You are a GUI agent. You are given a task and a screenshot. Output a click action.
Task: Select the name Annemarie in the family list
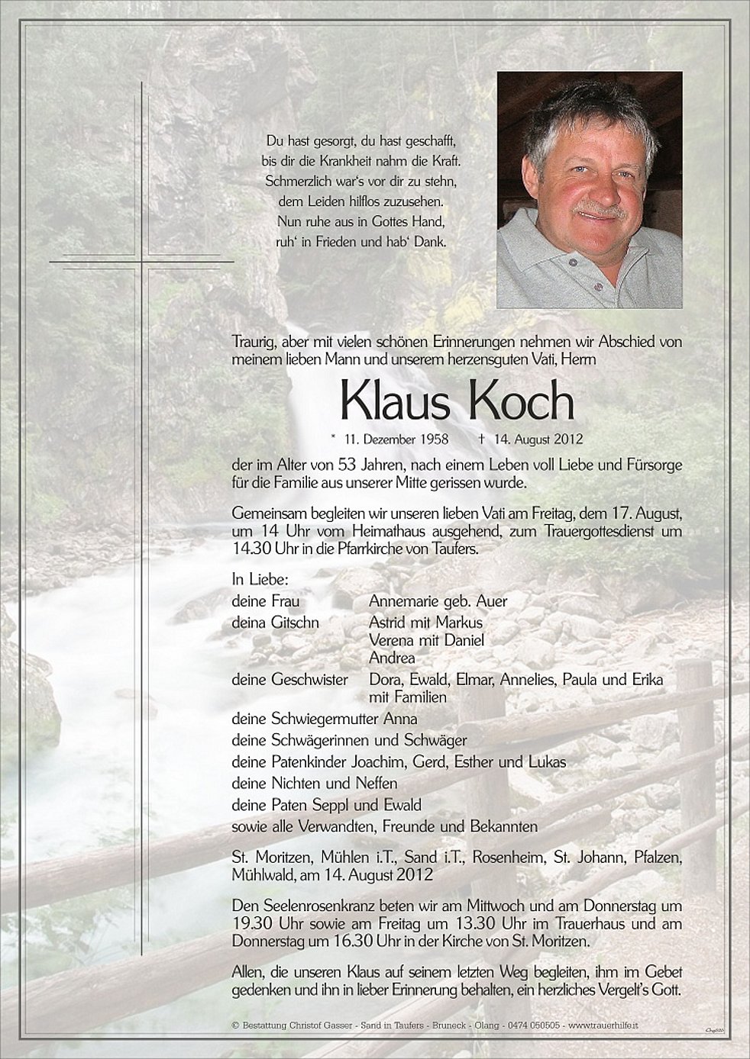402,601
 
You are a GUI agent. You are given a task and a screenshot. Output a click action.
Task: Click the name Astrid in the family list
388,623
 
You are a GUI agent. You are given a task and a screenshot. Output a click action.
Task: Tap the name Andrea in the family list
392,658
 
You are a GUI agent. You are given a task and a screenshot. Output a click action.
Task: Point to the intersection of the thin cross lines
142,262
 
